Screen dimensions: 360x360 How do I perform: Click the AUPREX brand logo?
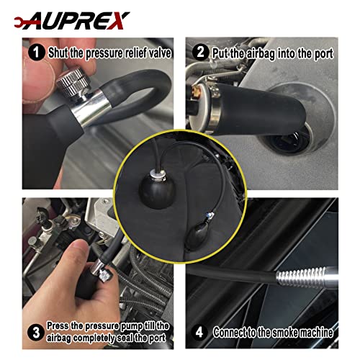(68, 16)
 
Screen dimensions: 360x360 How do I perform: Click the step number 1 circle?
(35, 52)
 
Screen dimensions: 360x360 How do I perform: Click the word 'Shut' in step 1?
(59, 52)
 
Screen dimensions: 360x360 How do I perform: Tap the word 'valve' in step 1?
(153, 52)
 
